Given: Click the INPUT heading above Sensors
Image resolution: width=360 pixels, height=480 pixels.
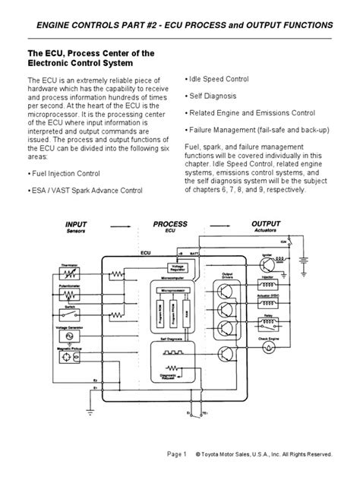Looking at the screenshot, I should (x=77, y=225).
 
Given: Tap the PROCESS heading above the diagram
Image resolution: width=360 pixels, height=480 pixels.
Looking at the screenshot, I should (x=170, y=225).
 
